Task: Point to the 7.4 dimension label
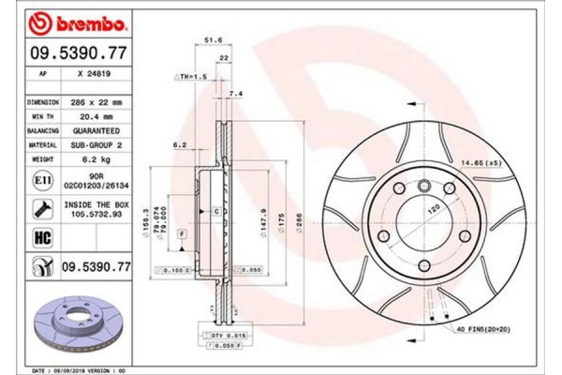pos(235,95)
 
